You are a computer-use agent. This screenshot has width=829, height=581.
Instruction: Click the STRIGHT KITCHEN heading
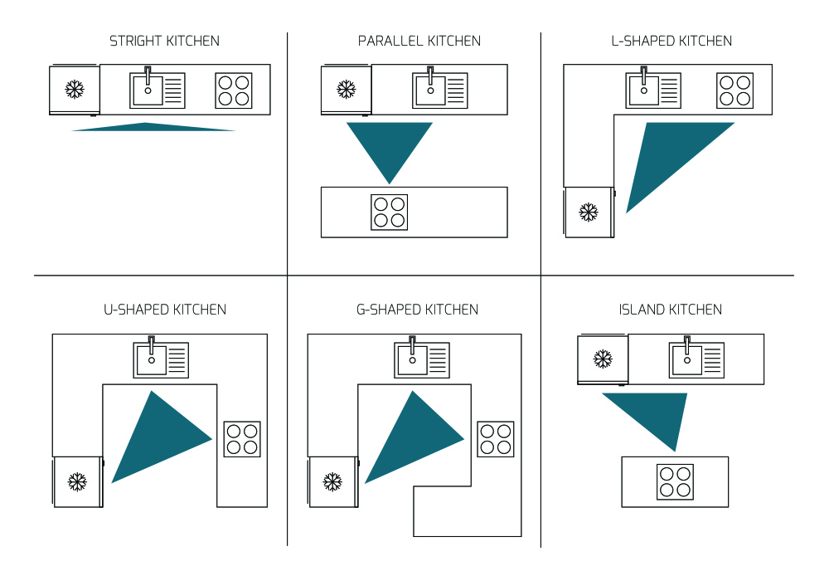click(x=164, y=41)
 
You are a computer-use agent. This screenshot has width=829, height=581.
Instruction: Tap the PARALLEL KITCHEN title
click(x=419, y=41)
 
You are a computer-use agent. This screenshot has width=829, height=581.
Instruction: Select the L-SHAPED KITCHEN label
click(x=671, y=41)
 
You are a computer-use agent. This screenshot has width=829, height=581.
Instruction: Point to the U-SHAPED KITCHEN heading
click(x=164, y=310)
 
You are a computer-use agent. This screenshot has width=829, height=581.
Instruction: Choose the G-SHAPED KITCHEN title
click(x=417, y=310)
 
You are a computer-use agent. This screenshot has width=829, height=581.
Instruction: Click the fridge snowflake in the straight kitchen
click(x=75, y=90)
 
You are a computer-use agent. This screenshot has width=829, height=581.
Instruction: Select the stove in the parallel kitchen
click(x=389, y=212)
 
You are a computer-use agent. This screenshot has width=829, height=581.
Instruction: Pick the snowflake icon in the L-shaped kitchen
click(x=589, y=212)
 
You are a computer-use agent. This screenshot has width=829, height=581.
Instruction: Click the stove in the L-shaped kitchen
click(x=734, y=90)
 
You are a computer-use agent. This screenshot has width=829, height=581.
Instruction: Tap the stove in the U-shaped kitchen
click(x=242, y=439)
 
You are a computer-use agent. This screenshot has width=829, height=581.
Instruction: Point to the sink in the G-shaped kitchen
click(x=422, y=359)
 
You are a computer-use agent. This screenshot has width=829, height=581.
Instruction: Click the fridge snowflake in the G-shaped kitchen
click(x=332, y=481)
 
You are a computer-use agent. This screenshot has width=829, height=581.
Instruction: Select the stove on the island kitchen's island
click(x=675, y=481)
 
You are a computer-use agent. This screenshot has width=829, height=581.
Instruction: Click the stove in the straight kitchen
click(x=233, y=90)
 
